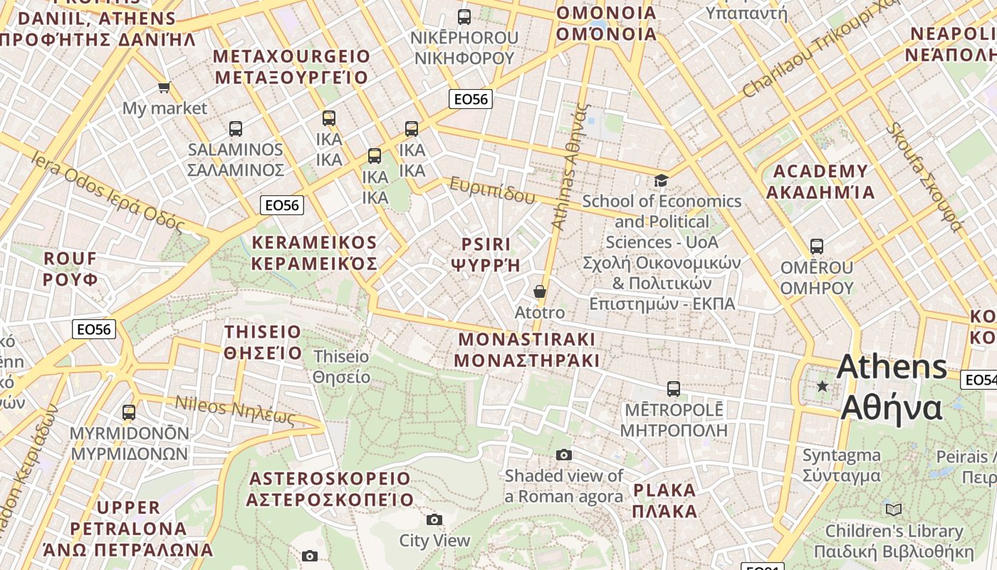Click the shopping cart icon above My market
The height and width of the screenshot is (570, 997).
pos(165,88)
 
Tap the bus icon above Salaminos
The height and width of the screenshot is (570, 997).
pos(236,129)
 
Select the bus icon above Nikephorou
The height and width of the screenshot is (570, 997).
pos(464,16)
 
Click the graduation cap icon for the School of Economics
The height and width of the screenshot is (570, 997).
pos(662,180)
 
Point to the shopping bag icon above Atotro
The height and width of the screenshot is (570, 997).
pos(540,291)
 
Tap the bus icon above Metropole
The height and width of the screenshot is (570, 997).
pos(674,389)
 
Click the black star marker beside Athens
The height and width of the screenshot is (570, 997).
pos(823,386)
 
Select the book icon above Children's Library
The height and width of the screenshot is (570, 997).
pos(894,509)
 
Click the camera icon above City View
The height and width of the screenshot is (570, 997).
pos(434,519)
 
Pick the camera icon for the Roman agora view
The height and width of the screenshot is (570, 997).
pos(564,455)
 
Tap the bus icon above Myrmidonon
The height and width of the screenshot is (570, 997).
pos(129,412)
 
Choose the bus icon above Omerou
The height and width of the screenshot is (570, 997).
pos(817,247)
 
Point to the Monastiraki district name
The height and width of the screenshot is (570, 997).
pos(527,349)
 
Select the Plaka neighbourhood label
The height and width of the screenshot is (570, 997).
pos(664,500)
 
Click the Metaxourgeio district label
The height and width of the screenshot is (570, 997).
pos(292,67)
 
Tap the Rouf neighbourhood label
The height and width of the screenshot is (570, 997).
pos(71,269)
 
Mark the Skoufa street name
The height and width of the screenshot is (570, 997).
pos(925,177)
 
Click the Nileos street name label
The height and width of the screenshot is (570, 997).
pos(235,410)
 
